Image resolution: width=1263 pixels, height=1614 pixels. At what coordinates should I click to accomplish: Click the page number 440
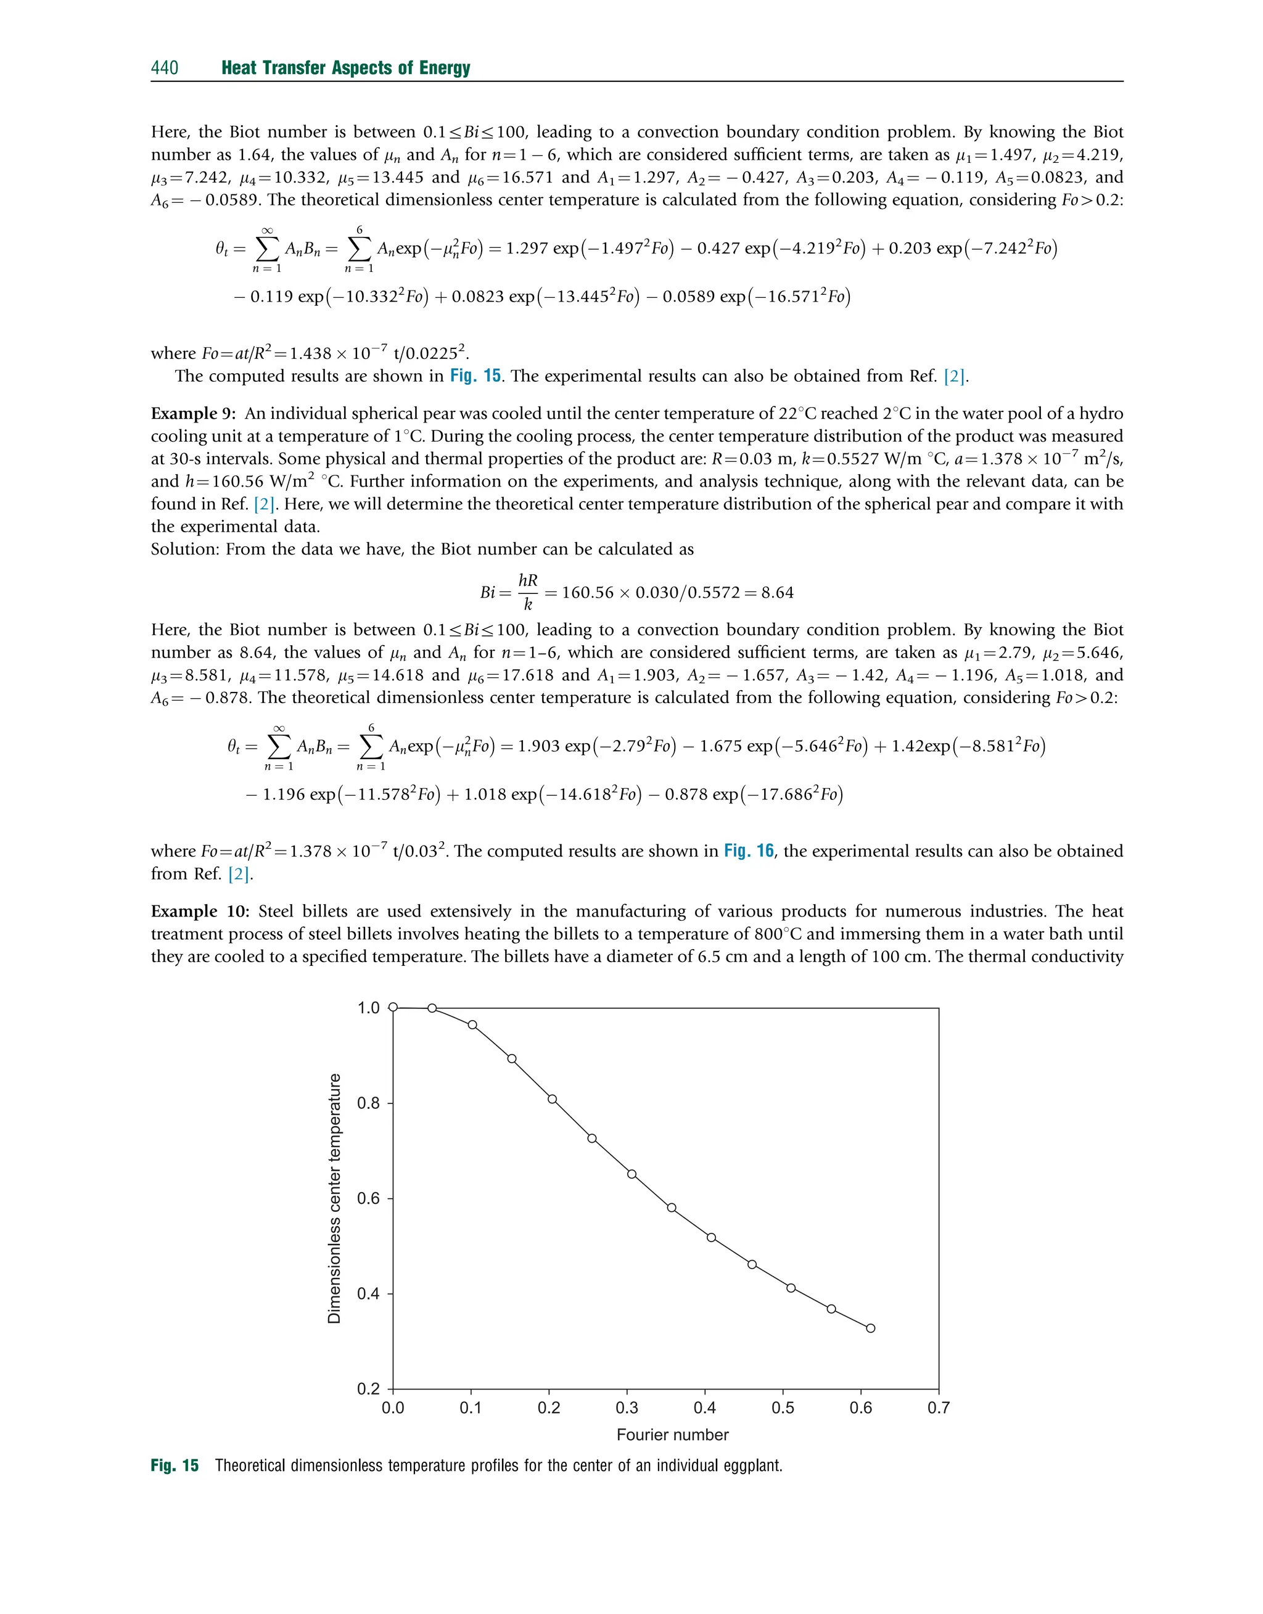coord(164,68)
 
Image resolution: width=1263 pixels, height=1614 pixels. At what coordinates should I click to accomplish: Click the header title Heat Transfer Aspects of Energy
coord(345,68)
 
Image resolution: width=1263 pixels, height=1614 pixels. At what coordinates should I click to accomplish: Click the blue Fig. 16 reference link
coord(748,851)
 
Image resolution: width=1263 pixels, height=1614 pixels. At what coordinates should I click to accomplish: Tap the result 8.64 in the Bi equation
coord(777,593)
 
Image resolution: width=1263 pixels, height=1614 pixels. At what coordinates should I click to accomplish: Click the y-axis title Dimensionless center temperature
coord(334,1198)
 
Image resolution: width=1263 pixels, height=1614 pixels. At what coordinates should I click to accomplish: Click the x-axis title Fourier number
coord(672,1435)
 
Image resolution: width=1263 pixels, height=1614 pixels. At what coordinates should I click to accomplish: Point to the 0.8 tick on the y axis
coord(368,1103)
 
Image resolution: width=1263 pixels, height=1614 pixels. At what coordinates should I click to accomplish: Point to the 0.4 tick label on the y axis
coord(368,1294)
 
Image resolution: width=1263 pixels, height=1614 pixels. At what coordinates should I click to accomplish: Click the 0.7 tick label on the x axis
coord(939,1408)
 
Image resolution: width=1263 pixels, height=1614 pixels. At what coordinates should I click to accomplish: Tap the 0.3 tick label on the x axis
coord(627,1408)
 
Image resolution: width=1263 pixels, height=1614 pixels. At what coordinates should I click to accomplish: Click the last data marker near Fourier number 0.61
coord(870,1328)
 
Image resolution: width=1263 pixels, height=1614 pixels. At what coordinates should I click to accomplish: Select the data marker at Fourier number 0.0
coord(393,1007)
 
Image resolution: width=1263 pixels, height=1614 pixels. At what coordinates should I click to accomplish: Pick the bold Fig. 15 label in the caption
coord(175,1466)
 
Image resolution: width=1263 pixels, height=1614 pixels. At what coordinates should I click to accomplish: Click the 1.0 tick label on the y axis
coord(368,1008)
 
